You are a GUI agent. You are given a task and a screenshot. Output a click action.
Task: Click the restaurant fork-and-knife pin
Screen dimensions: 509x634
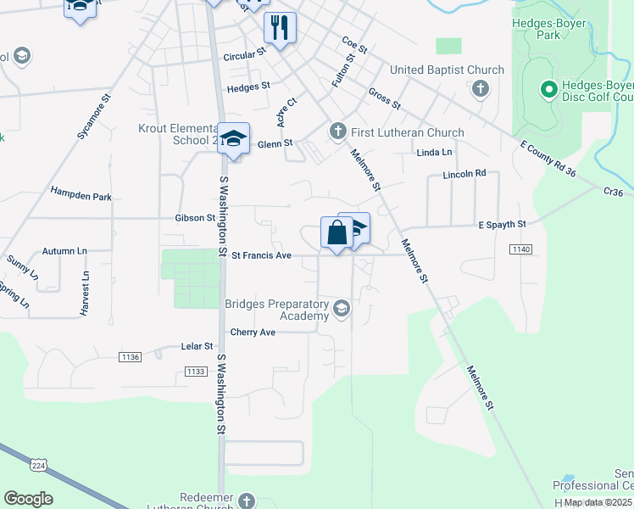tap(280, 27)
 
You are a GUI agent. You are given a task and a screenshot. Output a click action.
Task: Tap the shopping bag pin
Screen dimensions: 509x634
tap(336, 232)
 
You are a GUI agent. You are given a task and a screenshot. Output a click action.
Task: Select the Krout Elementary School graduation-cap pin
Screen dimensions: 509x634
tap(233, 139)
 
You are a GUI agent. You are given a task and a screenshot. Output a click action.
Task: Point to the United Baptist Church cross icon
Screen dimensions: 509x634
tap(480, 88)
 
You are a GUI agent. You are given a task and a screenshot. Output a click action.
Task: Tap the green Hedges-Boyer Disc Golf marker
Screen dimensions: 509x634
tap(548, 88)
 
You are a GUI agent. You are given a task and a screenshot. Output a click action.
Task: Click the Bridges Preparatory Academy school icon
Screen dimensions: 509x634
tap(342, 307)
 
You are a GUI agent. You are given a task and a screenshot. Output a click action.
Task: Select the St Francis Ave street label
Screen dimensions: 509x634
tap(261, 255)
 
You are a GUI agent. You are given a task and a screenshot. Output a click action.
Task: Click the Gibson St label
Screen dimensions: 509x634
tap(195, 218)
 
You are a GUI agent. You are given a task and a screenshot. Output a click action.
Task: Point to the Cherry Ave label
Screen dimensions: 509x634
tap(253, 332)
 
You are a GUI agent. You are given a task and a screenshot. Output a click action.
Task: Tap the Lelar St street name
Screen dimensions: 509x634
tap(197, 346)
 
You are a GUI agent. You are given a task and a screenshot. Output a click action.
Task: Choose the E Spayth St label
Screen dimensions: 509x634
tap(503, 225)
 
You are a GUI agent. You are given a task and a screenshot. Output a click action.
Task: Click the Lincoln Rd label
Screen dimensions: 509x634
tap(464, 174)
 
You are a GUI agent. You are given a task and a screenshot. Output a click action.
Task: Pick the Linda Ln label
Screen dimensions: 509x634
tap(435, 152)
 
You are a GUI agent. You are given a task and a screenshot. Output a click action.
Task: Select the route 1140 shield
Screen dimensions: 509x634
tap(520, 249)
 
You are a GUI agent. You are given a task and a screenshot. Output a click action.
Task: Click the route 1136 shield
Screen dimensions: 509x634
tap(130, 357)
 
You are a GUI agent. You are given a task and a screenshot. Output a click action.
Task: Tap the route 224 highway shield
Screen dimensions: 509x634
tap(38, 465)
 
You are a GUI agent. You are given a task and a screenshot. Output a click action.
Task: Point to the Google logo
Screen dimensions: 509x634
tap(28, 499)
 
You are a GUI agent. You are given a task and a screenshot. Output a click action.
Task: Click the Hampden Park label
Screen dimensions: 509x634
tap(81, 197)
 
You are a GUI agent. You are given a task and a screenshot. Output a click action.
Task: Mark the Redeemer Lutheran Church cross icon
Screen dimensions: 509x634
tap(247, 501)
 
